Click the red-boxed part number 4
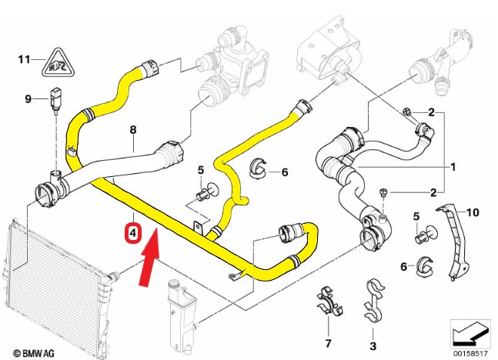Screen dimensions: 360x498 [x=133, y=232]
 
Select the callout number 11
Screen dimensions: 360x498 [x=24, y=58]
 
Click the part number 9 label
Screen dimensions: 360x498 [x=28, y=98]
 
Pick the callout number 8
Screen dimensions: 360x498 [x=132, y=129]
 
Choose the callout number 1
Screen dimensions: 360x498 [x=453, y=166]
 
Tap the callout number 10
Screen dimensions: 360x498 [x=473, y=211]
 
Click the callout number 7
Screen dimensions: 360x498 [x=328, y=342]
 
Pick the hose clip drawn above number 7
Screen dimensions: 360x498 [x=328, y=302]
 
